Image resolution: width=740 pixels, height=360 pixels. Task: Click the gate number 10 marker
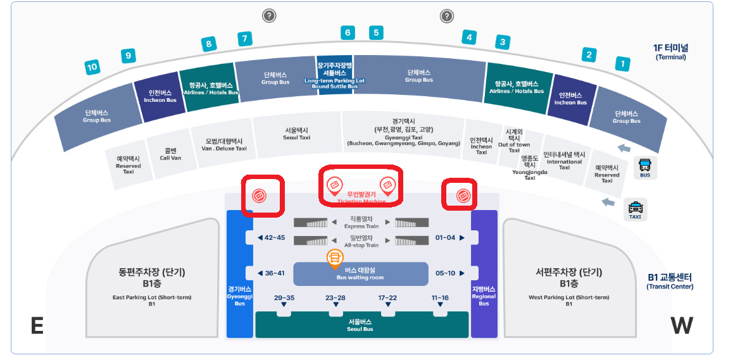[x=92, y=66]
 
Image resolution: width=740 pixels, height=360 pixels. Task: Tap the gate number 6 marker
[x=347, y=32]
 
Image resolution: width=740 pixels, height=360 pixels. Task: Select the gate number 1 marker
[x=623, y=63]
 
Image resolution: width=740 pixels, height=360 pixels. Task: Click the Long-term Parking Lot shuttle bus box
[x=335, y=75]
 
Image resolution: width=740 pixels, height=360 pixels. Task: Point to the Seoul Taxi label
[x=296, y=133]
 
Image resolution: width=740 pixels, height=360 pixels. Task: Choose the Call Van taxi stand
[x=171, y=154]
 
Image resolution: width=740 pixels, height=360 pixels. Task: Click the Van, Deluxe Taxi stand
[x=224, y=145]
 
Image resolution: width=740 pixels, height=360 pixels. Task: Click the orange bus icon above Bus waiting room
[x=335, y=256]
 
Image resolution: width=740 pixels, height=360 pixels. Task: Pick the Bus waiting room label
[x=360, y=273]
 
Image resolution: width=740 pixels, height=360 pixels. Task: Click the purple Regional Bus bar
[x=484, y=274]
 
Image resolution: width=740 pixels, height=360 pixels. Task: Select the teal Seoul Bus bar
[x=360, y=325]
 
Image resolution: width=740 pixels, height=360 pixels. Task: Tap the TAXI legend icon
[x=635, y=209]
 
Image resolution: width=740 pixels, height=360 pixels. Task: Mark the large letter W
[x=682, y=325]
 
